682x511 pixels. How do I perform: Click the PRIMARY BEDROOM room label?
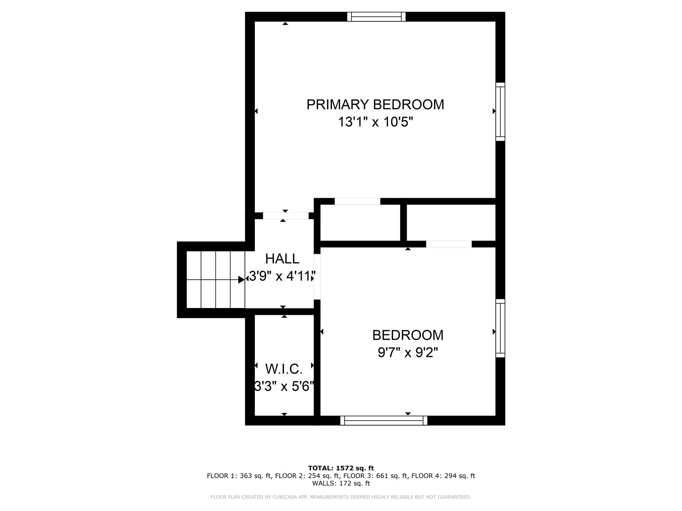[375, 104]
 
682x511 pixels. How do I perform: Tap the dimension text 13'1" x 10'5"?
[375, 122]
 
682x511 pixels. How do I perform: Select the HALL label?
[282, 258]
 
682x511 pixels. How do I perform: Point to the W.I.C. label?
[284, 369]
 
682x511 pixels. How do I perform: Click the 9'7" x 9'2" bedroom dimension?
[408, 353]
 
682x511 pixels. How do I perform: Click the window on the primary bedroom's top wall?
[376, 17]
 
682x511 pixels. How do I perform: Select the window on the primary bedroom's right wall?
[500, 112]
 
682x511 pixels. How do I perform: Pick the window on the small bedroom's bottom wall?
[384, 421]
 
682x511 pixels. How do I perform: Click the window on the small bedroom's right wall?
[500, 328]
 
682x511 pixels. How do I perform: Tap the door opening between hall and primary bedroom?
[286, 216]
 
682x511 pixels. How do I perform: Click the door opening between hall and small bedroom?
[317, 276]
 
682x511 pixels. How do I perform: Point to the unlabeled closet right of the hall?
[360, 223]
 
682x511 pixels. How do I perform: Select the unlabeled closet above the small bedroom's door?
[451, 222]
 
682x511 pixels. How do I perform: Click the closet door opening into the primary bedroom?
[357, 201]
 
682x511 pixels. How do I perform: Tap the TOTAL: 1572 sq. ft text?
[341, 468]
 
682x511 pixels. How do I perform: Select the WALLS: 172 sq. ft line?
[341, 483]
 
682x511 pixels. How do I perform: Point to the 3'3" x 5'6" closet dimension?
[284, 387]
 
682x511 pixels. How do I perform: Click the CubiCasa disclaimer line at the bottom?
[341, 497]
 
